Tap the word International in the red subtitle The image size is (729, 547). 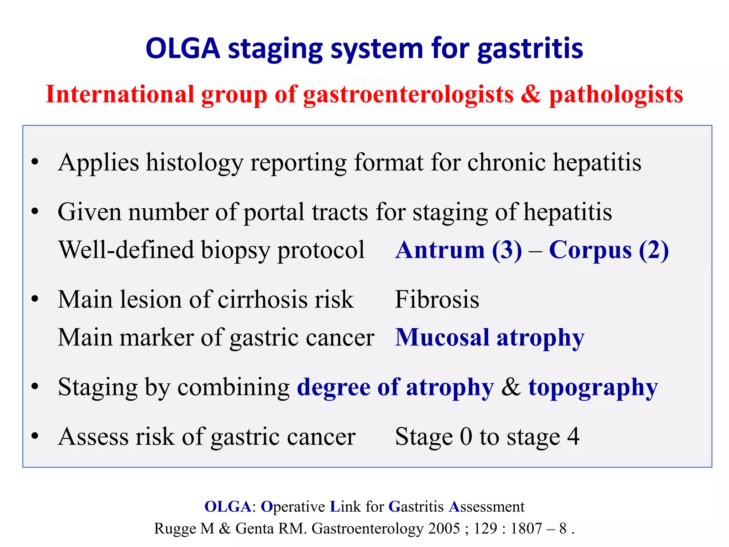tap(120, 95)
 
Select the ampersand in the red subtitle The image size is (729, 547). tap(531, 95)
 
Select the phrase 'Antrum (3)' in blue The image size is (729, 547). tap(458, 250)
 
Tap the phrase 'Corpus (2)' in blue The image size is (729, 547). tap(609, 250)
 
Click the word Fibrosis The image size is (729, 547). tap(437, 299)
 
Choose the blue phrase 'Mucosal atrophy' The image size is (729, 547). tap(489, 338)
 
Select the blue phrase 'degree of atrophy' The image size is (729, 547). tap(395, 387)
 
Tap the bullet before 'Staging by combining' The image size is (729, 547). tap(35, 387)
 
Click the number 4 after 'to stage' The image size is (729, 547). tap(573, 437)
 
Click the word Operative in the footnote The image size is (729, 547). tap(293, 507)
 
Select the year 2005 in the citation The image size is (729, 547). tap(444, 528)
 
